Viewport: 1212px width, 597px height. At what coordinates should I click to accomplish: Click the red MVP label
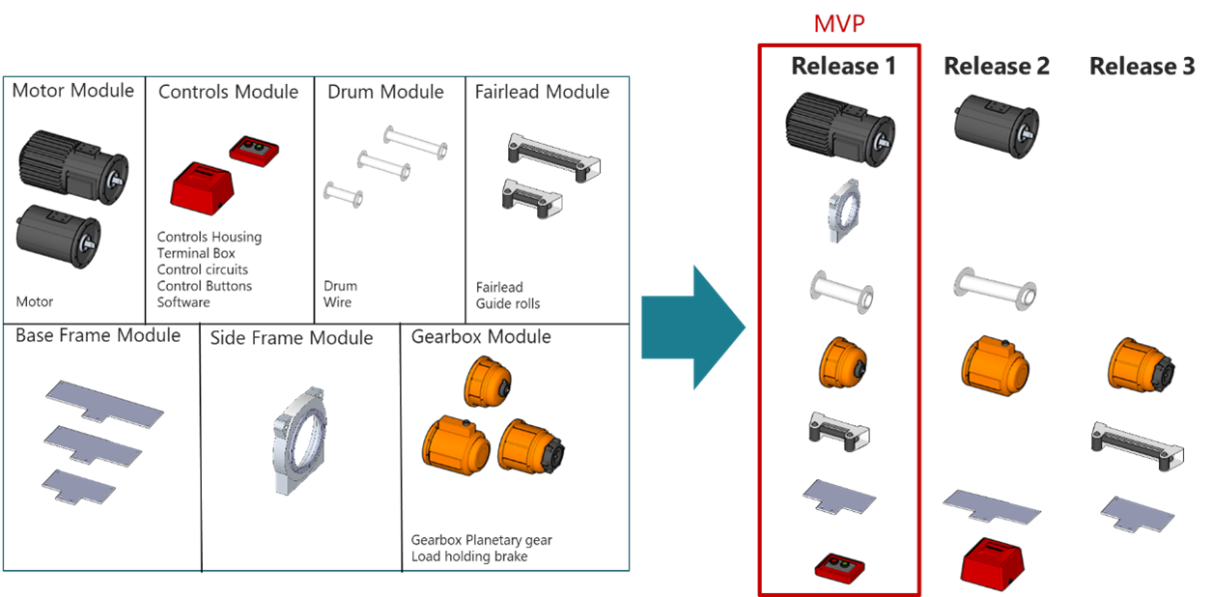(x=838, y=23)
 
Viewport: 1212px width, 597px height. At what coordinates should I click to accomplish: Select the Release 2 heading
(x=996, y=67)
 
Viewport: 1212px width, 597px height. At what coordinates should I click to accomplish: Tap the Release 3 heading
(x=1142, y=67)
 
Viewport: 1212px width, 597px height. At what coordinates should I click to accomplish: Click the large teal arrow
(x=693, y=327)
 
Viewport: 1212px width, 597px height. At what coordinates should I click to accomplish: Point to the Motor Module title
(x=72, y=91)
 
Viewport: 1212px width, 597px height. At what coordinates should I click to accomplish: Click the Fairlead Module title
(x=542, y=92)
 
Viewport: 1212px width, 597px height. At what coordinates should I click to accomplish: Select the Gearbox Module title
(x=481, y=337)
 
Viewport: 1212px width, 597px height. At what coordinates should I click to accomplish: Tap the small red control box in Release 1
(x=837, y=564)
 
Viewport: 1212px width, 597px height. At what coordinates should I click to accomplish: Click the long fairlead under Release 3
(x=1136, y=443)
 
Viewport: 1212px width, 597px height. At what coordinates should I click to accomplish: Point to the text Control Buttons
(x=204, y=287)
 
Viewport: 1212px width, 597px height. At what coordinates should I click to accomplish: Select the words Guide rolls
(x=508, y=303)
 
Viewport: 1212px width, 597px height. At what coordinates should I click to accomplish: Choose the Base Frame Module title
(x=98, y=336)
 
